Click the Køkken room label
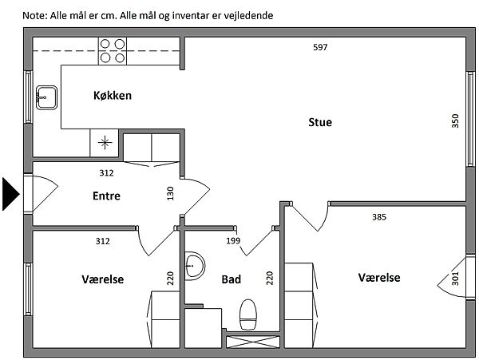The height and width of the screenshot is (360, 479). coord(113,96)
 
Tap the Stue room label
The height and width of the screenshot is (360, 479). coord(320,122)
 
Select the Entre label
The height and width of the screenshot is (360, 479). coord(106,196)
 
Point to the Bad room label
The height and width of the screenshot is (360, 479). coord(232,279)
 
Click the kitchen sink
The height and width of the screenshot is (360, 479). coord(46,97)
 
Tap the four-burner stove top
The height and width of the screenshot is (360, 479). coord(113,51)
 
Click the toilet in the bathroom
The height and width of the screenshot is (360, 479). coord(248,315)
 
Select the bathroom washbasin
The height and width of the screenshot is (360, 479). coord(195,266)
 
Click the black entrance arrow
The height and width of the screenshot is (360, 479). coord(11,194)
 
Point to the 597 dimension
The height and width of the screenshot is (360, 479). coord(320,47)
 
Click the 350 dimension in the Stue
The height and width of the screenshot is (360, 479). coord(455,121)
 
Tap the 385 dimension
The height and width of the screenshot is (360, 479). coord(379,217)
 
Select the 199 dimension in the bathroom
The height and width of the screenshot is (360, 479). coord(233,241)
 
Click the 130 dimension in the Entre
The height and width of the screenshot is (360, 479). coord(170,193)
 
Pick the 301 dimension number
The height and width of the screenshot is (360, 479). coord(455,279)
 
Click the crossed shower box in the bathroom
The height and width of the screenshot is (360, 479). coord(253,342)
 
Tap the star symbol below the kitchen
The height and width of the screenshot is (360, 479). coord(105,143)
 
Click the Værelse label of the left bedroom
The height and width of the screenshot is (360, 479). coord(103,279)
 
